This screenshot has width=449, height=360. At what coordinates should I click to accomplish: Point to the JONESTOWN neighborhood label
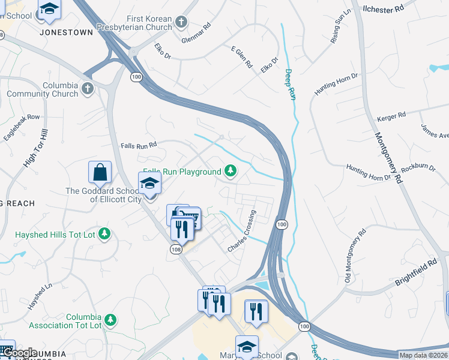pyautogui.click(x=67, y=32)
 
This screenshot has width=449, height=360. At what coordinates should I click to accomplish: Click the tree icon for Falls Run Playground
pyautogui.click(x=230, y=172)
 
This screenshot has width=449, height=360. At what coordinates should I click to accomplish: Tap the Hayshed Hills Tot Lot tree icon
pyautogui.click(x=105, y=234)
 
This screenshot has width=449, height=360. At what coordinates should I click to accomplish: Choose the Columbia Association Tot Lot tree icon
pyautogui.click(x=110, y=320)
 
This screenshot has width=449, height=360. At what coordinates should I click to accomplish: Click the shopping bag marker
pyautogui.click(x=100, y=172)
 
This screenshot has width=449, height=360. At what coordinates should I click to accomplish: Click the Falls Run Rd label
pyautogui.click(x=139, y=145)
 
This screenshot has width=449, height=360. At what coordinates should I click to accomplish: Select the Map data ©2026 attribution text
pyautogui.click(x=423, y=355)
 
